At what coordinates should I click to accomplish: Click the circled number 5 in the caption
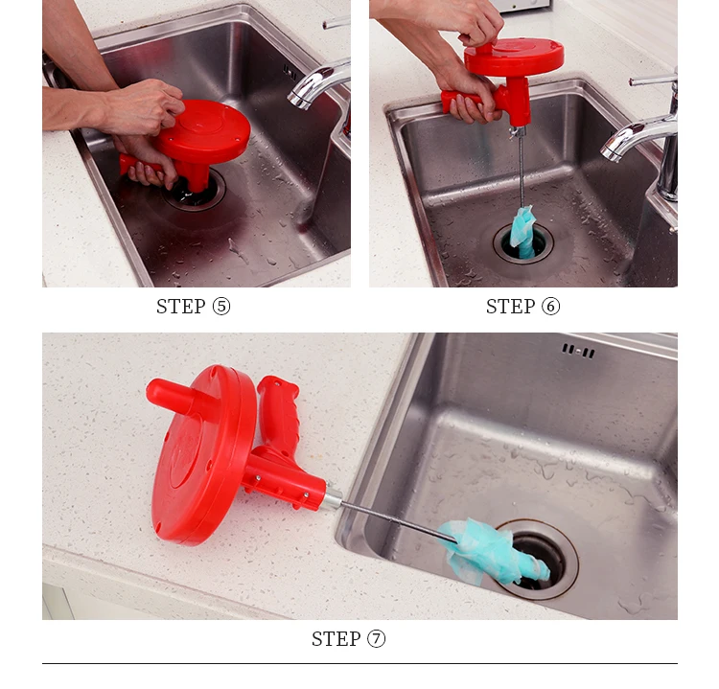point(221,307)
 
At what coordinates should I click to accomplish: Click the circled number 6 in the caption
point(550,307)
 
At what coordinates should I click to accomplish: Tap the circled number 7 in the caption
point(376,638)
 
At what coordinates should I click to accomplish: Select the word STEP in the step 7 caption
point(336,638)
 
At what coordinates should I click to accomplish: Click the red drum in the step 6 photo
point(514,57)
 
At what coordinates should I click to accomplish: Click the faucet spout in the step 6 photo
point(638,135)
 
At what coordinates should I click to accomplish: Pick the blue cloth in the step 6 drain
point(522,232)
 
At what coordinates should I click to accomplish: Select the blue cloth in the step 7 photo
point(493,550)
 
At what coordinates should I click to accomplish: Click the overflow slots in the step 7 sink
point(578,351)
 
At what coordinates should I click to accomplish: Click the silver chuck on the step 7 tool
point(332,498)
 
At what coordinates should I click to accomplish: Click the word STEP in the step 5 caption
point(180,307)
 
